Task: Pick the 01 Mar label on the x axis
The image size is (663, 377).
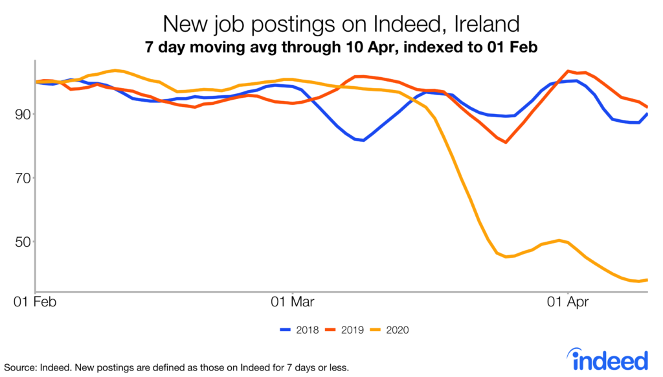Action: [293, 301]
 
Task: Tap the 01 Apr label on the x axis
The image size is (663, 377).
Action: [568, 301]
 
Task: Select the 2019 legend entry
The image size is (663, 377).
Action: [344, 330]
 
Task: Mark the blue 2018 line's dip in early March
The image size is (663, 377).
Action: [364, 140]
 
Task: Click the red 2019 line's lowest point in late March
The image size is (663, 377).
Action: [506, 142]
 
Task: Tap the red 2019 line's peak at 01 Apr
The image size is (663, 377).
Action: [568, 71]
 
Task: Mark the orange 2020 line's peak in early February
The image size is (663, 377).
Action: [115, 70]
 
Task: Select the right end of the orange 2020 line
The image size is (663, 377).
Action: [647, 280]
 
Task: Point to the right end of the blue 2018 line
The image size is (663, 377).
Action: [647, 114]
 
